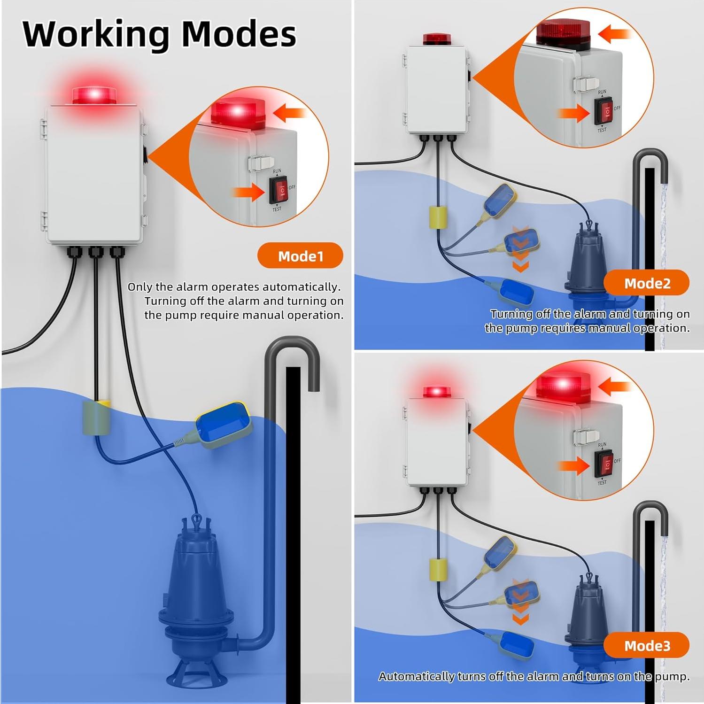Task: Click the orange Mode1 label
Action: coord(300,256)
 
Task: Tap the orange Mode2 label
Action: coord(647,283)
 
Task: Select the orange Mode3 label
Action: coord(647,646)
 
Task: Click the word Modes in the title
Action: coord(239,34)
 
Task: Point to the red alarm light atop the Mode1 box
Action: coord(94,95)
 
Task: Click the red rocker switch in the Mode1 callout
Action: coord(278,190)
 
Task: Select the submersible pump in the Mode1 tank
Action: coord(197,596)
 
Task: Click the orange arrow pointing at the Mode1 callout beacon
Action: coord(289,113)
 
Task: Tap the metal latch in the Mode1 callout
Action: coord(261,162)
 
